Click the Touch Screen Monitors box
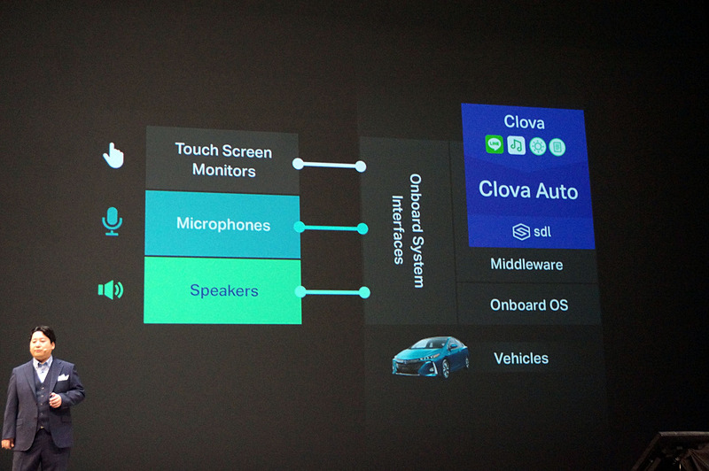coord(223,159)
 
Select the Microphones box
coord(222,224)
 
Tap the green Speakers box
coord(223,290)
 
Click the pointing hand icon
coord(113,156)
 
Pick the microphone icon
coord(112,221)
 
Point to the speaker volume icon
coord(111,290)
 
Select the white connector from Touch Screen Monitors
coord(329,165)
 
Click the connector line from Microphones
coord(331,228)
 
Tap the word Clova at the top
coord(524,122)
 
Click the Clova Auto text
coord(528,189)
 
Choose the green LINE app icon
coord(494,144)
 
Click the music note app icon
coord(516,145)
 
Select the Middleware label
coord(526,265)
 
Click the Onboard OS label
coord(529,305)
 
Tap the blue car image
coord(432,357)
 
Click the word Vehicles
coord(521,359)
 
